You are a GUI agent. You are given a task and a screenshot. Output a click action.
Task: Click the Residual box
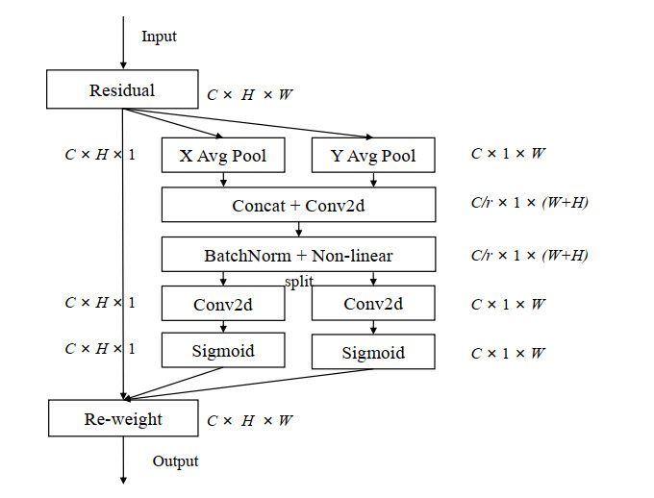(122, 91)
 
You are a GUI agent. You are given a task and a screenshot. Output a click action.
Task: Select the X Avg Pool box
(223, 155)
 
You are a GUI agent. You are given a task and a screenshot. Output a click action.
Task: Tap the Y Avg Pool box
(373, 155)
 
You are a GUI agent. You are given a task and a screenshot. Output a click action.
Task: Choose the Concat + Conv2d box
(298, 205)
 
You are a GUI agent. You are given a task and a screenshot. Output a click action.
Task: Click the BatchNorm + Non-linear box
(298, 255)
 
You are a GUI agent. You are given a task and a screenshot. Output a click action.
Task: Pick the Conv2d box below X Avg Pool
(223, 304)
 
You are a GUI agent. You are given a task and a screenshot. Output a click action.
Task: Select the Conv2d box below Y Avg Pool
(373, 304)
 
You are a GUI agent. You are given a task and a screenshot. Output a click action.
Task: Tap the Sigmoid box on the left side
(223, 350)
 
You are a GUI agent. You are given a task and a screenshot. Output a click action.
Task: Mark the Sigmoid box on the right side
(373, 353)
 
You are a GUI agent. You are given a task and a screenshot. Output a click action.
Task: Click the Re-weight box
(122, 419)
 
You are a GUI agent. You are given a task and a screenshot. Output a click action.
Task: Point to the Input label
(159, 37)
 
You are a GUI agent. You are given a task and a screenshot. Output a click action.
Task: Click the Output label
(175, 461)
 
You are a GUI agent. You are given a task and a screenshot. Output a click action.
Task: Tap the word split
(299, 281)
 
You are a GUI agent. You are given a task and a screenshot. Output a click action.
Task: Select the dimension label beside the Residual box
(250, 95)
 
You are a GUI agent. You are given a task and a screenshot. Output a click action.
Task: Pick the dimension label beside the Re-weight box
(250, 420)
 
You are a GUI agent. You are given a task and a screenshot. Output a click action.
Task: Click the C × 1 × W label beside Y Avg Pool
(507, 154)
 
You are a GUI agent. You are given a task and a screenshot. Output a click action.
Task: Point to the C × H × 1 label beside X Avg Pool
(100, 154)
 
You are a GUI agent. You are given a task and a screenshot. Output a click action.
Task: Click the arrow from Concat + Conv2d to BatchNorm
(300, 230)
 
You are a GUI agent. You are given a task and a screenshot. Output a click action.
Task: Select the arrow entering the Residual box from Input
(123, 43)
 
